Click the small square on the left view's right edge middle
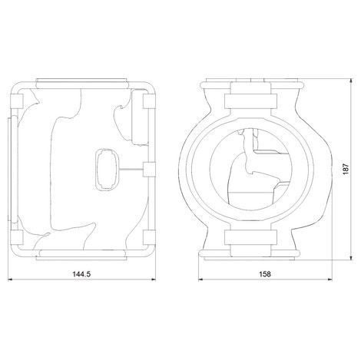tap(150, 167)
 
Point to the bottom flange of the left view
tap(83, 255)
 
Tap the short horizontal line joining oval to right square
tap(131, 167)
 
